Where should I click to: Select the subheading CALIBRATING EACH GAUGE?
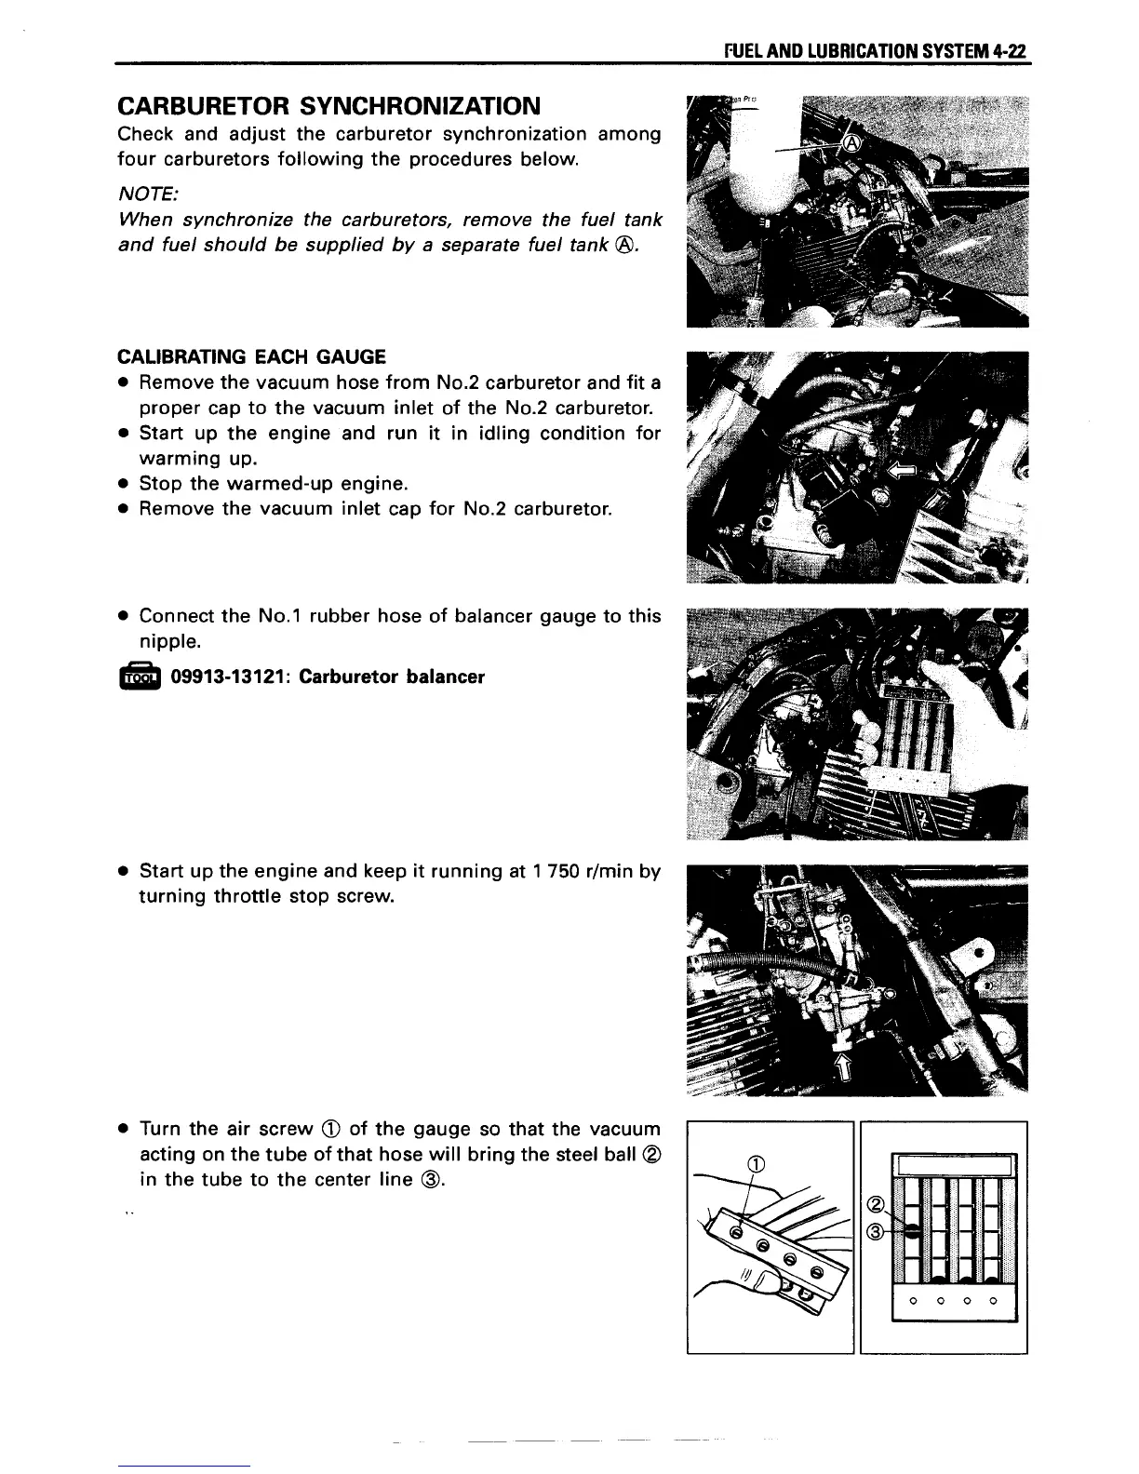pyautogui.click(x=251, y=356)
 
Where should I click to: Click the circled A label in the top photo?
pyautogui.click(x=851, y=141)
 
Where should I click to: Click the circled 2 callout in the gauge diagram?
pyautogui.click(x=874, y=1206)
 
